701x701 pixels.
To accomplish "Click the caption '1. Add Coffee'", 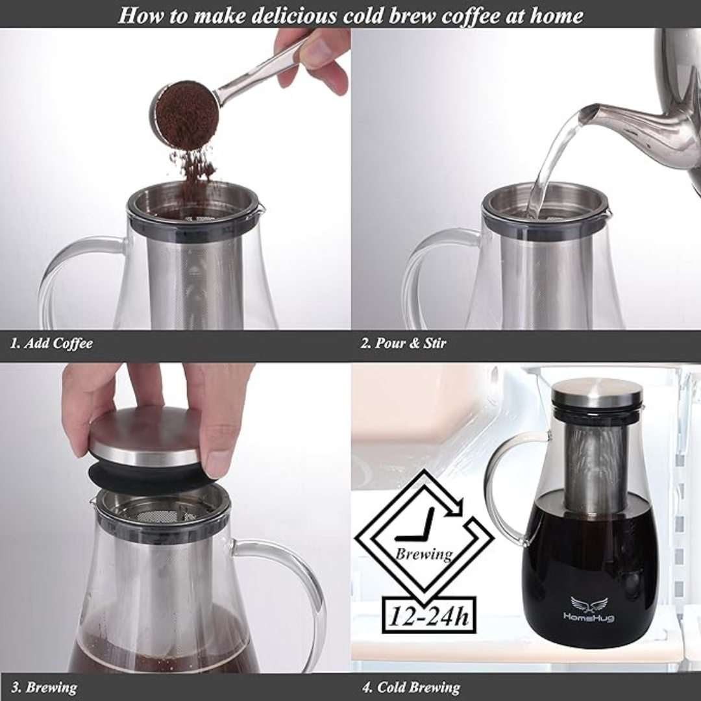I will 51,343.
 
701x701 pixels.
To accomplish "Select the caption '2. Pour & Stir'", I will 403,343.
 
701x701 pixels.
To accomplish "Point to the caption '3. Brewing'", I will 44,687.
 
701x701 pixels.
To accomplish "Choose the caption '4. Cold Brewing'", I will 410,687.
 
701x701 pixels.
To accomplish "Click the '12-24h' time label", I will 428,615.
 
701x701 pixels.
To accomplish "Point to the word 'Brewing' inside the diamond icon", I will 424,554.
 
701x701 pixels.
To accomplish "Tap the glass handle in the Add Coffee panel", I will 65,273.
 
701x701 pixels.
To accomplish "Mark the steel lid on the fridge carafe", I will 596,393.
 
